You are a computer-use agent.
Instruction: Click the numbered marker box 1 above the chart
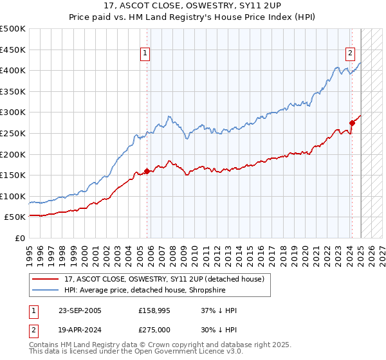[146, 53]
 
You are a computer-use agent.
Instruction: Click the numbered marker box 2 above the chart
[351, 53]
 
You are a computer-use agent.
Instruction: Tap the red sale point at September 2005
[147, 171]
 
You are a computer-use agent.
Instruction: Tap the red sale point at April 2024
[352, 123]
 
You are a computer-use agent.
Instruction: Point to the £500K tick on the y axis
[13, 29]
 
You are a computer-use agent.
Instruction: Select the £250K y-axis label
[13, 133]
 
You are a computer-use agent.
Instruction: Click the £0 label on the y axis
[19, 238]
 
